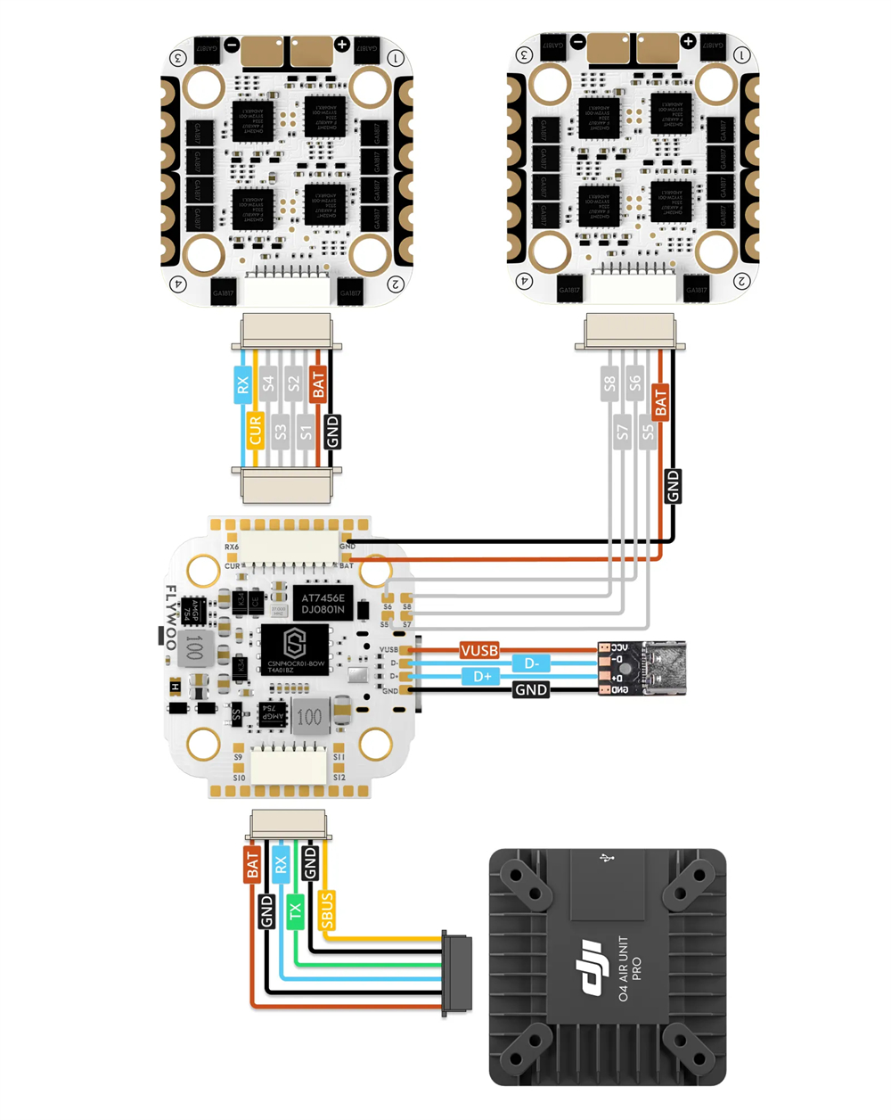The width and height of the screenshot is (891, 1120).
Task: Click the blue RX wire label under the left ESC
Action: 242,385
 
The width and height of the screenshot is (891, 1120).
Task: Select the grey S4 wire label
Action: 268,384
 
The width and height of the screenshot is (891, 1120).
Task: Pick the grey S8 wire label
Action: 609,384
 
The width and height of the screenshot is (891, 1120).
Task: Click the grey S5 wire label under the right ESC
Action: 648,432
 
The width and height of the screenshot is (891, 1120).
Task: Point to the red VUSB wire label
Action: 479,650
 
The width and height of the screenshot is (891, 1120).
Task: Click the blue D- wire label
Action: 531,663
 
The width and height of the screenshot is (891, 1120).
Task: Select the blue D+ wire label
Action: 482,677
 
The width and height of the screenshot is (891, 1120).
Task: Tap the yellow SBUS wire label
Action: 327,910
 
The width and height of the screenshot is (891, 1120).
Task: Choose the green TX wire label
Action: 295,910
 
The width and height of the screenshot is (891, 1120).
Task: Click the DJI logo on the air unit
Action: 592,967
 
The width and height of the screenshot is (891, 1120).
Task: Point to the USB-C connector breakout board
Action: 642,668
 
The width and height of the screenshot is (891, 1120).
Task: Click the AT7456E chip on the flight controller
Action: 323,604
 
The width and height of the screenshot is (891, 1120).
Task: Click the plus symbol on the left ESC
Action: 342,44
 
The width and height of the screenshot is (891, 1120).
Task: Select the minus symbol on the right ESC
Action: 578,41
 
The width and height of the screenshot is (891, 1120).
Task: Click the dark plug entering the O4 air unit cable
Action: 456,974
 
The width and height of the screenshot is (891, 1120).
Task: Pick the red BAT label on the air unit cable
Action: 252,865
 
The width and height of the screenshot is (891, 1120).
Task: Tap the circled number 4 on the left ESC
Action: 179,284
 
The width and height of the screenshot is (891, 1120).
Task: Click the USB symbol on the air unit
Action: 608,859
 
